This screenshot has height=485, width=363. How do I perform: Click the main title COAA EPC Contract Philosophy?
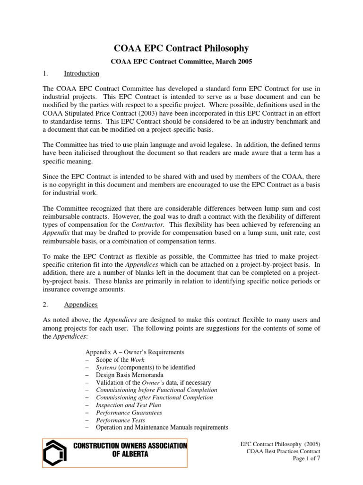click(x=182, y=48)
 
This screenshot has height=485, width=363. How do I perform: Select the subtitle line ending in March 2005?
click(x=181, y=61)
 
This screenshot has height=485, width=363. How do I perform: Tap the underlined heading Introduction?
click(x=81, y=73)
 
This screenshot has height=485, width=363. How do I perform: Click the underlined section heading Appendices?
click(x=80, y=305)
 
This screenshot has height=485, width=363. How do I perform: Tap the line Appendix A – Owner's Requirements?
click(x=135, y=352)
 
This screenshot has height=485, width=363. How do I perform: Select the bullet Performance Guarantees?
click(x=129, y=413)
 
